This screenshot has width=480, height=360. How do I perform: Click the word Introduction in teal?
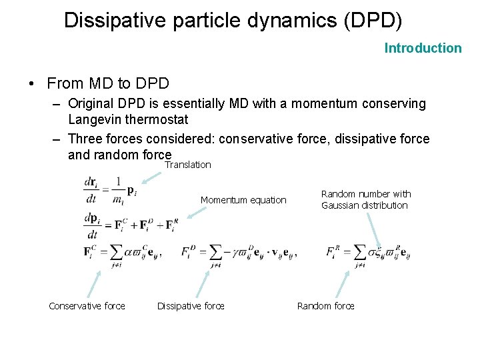coord(423,48)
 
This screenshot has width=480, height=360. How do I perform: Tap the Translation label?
coord(188,165)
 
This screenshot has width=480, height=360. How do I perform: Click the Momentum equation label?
coord(243,200)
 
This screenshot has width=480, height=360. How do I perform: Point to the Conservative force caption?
coord(87,306)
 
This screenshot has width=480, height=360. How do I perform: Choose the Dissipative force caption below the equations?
coord(191,306)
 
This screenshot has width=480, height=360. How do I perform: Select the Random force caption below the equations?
coord(326,306)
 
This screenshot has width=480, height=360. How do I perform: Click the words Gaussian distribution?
coord(365,205)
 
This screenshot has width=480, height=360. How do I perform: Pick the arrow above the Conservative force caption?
coord(95,282)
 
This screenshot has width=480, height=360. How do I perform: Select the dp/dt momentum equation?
coord(131,225)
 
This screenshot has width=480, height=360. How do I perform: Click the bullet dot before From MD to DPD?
coord(31,84)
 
